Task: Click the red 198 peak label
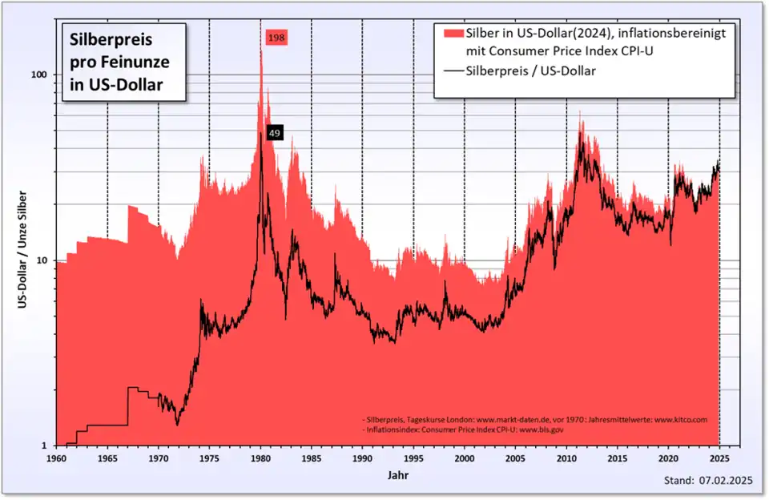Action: coord(276,37)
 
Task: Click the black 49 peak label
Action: coord(275,133)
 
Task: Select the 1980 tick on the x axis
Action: coord(260,459)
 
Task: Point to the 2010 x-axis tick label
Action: coord(566,459)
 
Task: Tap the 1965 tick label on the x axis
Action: coord(107,459)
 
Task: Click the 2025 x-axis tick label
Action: coord(719,459)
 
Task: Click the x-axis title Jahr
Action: coord(388,474)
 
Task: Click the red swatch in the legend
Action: coord(453,32)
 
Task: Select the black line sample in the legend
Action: coord(453,71)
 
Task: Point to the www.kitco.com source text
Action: coord(681,419)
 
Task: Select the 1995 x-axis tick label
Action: coord(413,459)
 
